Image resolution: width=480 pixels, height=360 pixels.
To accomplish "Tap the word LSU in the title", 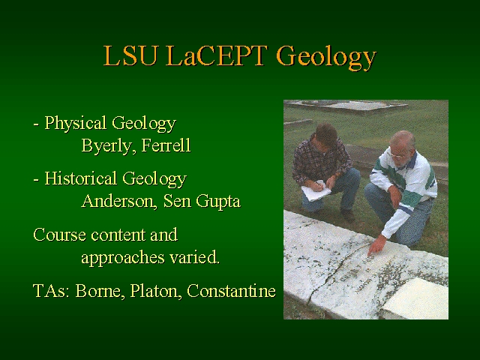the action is [x=130, y=55].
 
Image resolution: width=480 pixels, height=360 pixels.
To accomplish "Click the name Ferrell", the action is [x=166, y=145].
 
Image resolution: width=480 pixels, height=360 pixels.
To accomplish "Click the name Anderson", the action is [x=118, y=201].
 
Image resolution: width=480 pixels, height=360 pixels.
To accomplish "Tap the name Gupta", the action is [x=218, y=202].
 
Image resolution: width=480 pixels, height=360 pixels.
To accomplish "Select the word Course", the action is [x=59, y=235].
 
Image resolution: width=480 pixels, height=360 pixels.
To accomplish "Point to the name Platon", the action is [x=154, y=290].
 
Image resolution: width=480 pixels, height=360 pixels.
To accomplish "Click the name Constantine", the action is [x=231, y=290].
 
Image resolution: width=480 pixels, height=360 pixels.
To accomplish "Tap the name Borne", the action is [x=100, y=290].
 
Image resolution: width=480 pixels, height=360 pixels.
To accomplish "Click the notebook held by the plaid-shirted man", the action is [x=316, y=191].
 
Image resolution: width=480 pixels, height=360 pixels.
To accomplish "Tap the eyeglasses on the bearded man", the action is [x=397, y=155].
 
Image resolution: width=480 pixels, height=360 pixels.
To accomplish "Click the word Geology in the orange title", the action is [x=326, y=57].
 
